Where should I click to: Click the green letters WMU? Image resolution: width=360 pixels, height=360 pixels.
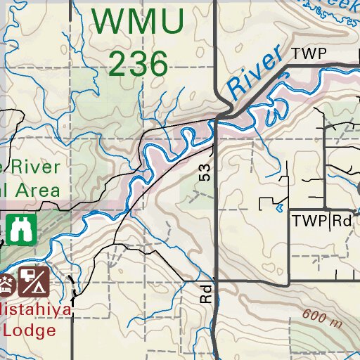tap(139, 22)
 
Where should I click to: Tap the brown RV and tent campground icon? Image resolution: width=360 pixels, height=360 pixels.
tap(32, 281)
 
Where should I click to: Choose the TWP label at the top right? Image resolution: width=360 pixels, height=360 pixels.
tap(310, 54)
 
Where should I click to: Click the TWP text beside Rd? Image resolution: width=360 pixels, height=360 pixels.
tap(310, 221)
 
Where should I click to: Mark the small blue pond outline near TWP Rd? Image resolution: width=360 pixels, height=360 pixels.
tap(281, 208)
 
